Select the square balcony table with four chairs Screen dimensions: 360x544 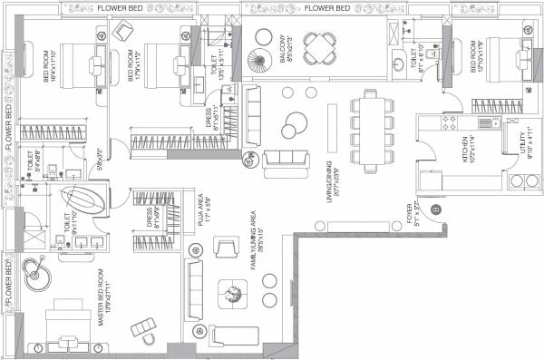point(317,50)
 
